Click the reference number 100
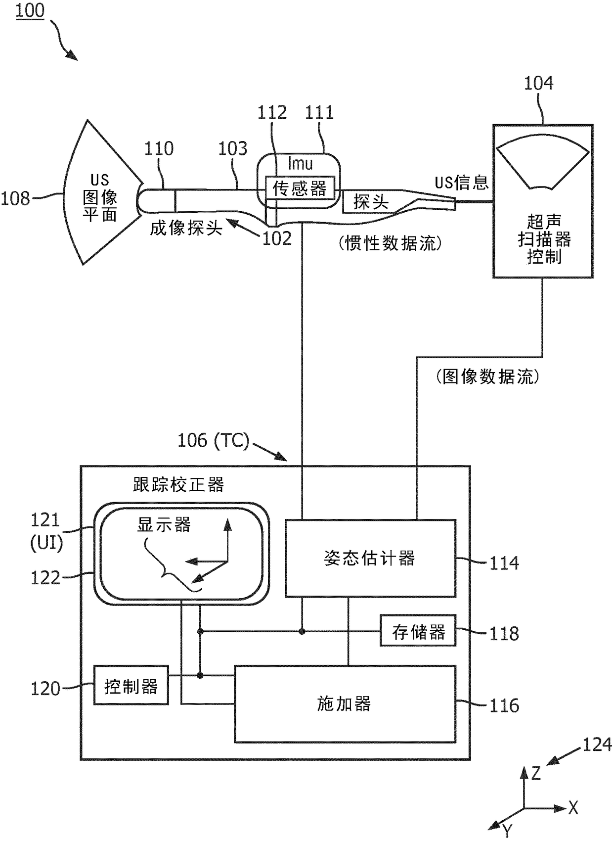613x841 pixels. click(30, 10)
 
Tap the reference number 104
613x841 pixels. click(538, 83)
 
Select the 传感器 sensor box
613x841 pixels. click(300, 187)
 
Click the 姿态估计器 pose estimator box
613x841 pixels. click(370, 558)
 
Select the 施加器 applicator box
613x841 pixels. click(345, 704)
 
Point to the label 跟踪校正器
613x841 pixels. click(178, 485)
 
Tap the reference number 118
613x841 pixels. click(504, 634)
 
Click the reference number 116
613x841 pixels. click(504, 705)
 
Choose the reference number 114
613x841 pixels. click(504, 563)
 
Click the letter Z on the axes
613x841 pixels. click(536, 773)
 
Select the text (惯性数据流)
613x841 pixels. click(390, 243)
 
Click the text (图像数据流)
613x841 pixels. click(488, 376)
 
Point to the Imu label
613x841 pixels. click(300, 164)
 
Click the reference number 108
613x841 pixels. click(15, 198)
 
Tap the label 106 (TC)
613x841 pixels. click(213, 440)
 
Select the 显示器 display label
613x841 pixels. click(164, 525)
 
